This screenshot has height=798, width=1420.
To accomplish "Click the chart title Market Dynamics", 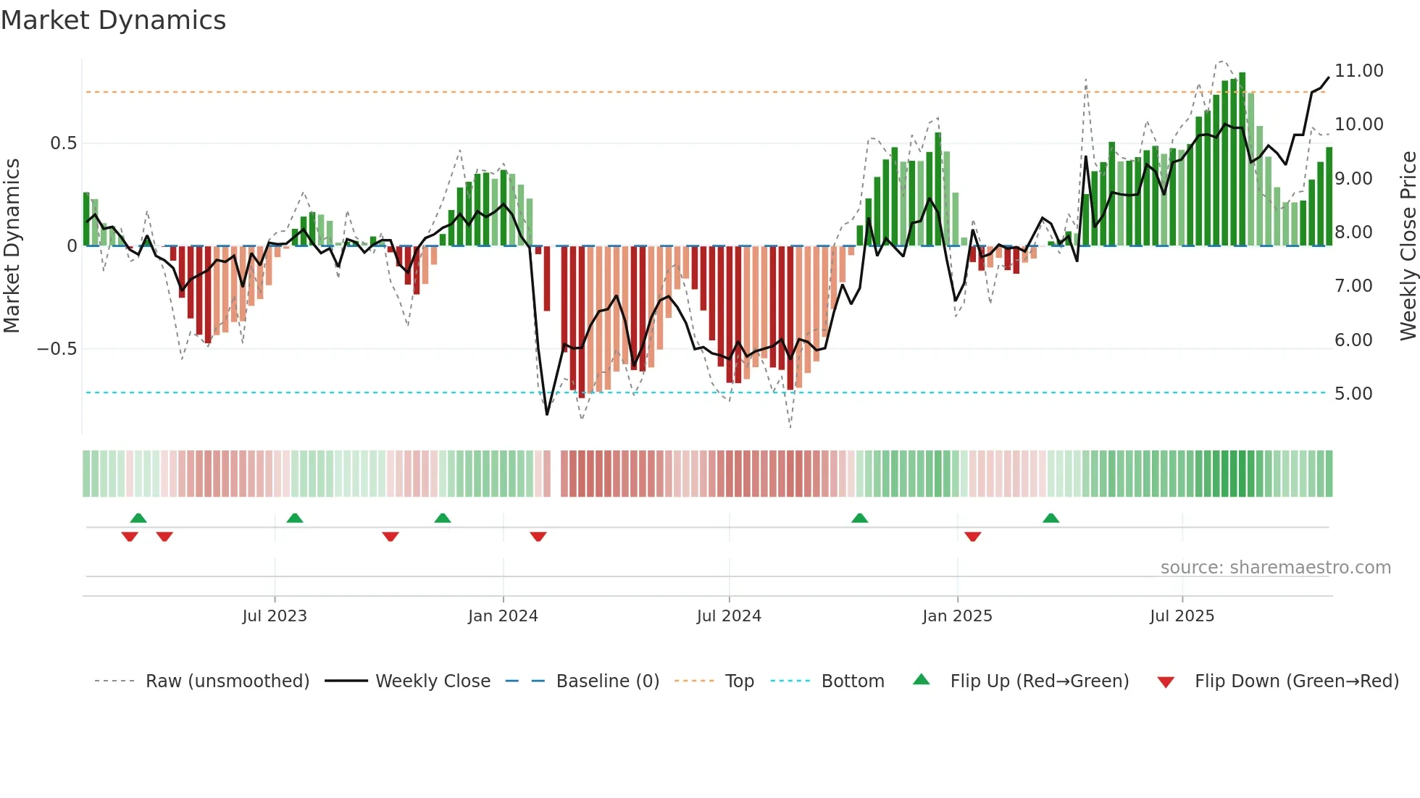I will pos(113,20).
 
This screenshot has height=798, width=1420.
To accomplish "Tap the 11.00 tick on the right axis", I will pos(1358,71).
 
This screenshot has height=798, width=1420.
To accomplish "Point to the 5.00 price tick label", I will pos(1353,394).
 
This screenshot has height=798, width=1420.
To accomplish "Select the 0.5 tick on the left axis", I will pos(63,143).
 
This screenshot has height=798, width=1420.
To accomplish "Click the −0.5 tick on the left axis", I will pos(57,349).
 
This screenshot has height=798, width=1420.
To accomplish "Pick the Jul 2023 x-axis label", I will pos(275,616).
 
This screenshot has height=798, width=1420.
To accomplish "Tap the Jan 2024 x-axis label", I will pos(503,616).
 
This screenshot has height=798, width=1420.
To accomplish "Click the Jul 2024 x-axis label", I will pos(729,616).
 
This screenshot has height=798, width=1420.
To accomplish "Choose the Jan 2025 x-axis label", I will pos(957,616).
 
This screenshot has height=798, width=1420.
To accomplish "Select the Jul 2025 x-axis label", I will pos(1182,616).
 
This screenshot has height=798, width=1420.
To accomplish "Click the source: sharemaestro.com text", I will pos(1275,568).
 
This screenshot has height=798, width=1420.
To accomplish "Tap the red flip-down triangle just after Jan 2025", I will pos(972,537).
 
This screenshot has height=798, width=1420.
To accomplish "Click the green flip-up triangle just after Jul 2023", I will pos(294,518).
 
